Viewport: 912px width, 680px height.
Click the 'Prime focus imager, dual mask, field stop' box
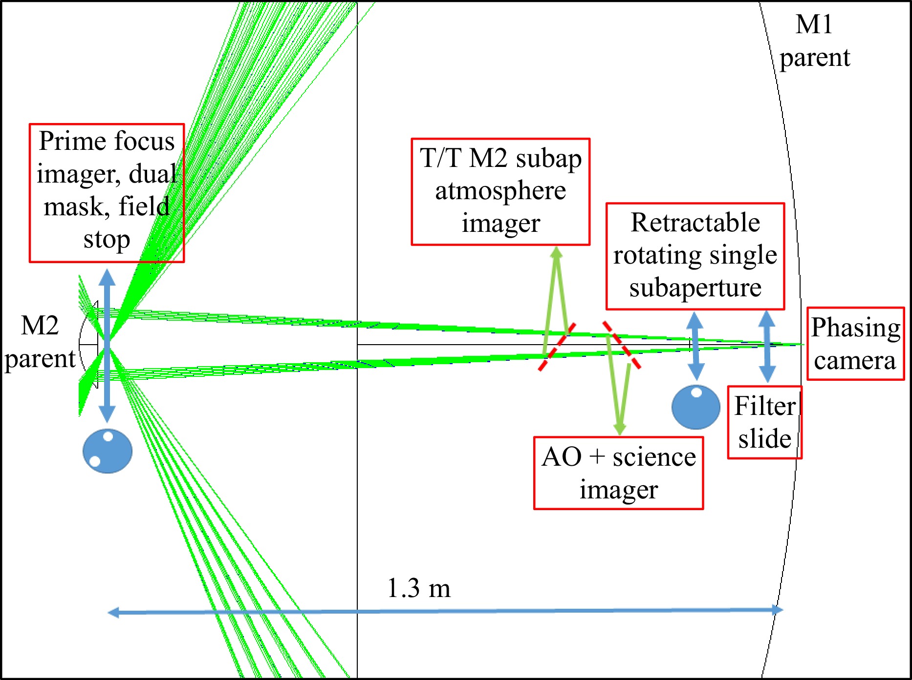[107, 193]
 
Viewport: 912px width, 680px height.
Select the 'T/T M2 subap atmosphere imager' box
[500, 191]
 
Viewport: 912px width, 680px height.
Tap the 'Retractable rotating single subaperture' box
[695, 256]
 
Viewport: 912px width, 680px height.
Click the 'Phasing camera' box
[855, 344]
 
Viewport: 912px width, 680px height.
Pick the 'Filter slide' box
[764, 422]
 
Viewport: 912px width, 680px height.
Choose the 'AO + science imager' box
[618, 473]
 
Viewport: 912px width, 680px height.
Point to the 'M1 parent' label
[814, 41]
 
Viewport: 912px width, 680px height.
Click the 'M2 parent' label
[40, 342]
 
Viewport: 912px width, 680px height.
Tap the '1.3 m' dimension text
[418, 588]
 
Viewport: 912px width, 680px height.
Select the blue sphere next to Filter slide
[695, 407]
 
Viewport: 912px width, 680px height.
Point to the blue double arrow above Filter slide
[767, 346]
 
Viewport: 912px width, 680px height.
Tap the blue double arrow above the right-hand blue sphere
[695, 346]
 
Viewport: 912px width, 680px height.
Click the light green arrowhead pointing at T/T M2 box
[556, 253]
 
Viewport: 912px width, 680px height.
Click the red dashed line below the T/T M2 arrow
[557, 347]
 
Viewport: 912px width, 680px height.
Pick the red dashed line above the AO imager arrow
[621, 344]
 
